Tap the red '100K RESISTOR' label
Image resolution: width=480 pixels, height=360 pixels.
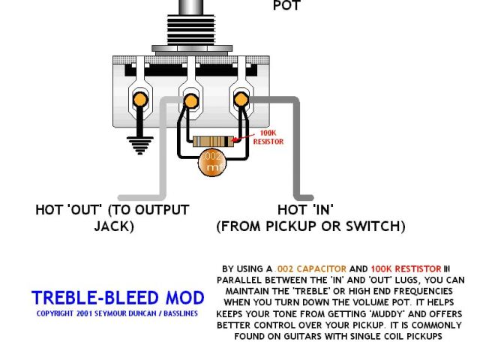coord(268,137)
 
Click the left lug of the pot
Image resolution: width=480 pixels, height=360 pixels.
coord(139,98)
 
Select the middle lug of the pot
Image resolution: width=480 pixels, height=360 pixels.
coord(190,99)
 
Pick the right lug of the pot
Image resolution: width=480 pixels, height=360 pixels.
coord(241,99)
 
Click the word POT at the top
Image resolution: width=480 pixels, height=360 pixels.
coord(286,5)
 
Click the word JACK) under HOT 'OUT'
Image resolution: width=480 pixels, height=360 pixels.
coord(113,226)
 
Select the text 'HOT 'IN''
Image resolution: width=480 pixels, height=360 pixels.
coord(305,210)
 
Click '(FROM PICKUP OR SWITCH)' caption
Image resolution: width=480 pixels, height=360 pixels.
coord(310,226)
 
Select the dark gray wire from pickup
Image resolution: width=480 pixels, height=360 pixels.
coord(297,150)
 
